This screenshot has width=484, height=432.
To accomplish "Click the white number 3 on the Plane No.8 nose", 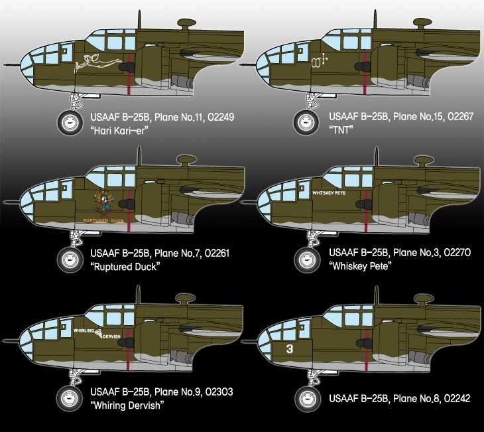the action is tap(290, 349).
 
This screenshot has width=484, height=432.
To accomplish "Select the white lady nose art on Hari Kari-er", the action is tap(96, 63).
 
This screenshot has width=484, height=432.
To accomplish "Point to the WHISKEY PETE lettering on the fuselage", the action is tap(329, 193).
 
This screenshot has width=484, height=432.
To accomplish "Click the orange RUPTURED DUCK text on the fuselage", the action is tap(103, 220).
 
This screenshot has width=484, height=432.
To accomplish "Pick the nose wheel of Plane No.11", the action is tap(70, 122).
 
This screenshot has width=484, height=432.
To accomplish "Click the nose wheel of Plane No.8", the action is tap(307, 399).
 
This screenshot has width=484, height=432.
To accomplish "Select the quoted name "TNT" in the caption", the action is tap(341, 130).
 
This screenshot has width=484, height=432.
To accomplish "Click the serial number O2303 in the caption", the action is tap(219, 392).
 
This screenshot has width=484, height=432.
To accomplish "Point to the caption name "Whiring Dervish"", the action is tap(127, 405).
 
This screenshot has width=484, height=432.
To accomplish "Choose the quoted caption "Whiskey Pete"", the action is tap(360, 265).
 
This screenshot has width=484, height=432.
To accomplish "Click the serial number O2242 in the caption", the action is tap(457, 398).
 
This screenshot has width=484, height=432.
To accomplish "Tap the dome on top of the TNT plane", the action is tap(422, 23).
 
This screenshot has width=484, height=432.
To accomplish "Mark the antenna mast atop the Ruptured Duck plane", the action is tap(139, 156).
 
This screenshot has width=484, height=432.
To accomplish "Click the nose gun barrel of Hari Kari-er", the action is tap(12, 65).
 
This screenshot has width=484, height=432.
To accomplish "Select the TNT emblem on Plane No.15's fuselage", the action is tap(319, 61).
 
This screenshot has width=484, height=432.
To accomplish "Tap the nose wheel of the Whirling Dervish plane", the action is tap(70, 399).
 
